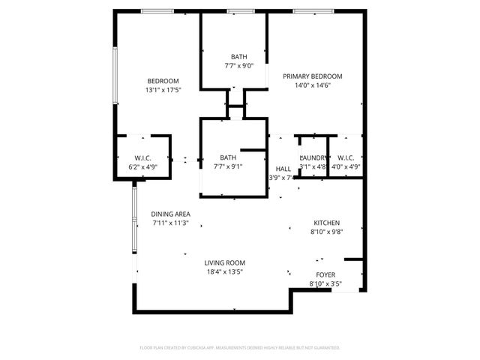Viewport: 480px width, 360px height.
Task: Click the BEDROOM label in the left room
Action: point(163,81)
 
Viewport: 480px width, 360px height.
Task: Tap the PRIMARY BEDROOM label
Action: point(312,76)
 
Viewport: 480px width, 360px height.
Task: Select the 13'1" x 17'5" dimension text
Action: point(163,90)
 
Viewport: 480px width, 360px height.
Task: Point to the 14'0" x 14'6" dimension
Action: point(312,85)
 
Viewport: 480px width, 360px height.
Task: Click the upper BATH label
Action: point(238,57)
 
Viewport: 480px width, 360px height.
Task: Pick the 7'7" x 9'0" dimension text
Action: point(238,66)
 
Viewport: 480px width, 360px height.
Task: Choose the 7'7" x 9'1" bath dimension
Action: point(228,166)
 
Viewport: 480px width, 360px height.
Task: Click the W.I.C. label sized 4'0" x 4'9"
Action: point(346,157)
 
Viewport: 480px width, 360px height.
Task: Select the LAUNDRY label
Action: point(313,157)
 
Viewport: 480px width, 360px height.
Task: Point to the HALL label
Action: point(283,169)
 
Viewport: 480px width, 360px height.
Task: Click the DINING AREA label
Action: point(170,214)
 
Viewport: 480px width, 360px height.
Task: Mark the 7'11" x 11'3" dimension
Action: point(170,223)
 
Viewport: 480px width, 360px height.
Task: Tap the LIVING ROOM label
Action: point(225,262)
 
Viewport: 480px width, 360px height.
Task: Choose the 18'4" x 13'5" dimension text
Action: point(225,271)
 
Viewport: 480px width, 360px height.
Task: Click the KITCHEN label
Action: point(326,223)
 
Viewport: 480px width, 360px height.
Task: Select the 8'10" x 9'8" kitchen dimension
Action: point(326,232)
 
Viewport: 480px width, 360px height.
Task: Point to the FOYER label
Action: point(325,274)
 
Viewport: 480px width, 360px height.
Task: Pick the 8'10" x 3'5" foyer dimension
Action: point(325,283)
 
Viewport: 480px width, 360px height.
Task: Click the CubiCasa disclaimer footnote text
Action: point(240,348)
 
